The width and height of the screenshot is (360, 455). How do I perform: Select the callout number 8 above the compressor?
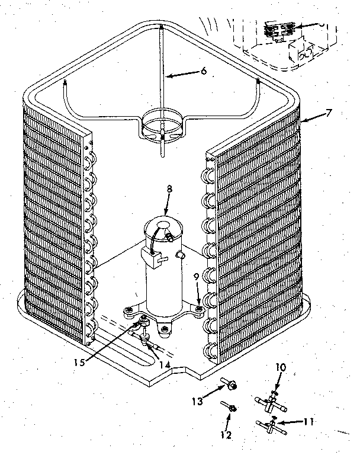(169, 190)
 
